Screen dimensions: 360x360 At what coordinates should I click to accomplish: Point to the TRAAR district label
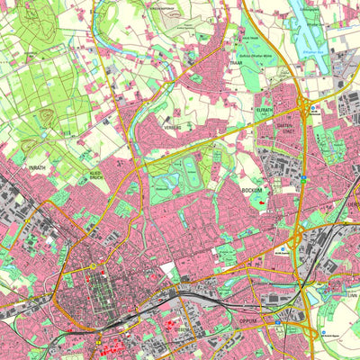(x=237, y=63)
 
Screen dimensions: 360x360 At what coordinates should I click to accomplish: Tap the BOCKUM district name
(x=250, y=191)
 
